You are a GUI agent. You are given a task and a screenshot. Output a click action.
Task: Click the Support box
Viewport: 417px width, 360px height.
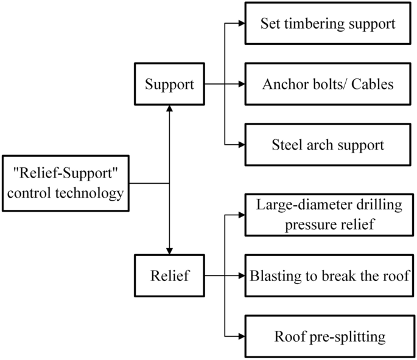click(169, 84)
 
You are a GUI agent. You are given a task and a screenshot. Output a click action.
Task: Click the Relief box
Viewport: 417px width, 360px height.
click(169, 275)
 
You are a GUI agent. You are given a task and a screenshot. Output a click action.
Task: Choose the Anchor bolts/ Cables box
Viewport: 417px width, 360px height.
click(328, 84)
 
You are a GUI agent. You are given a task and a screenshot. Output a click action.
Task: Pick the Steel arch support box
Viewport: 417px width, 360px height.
click(328, 145)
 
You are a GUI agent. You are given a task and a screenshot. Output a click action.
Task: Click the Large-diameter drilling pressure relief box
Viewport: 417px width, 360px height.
click(328, 215)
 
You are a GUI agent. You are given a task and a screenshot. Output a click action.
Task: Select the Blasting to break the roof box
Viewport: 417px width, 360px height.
click(328, 275)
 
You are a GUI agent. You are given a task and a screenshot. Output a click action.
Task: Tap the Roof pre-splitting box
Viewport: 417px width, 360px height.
click(328, 336)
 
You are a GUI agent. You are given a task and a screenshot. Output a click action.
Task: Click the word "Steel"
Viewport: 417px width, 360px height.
click(286, 145)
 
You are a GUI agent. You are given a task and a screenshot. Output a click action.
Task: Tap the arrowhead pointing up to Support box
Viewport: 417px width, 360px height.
click(169, 108)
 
